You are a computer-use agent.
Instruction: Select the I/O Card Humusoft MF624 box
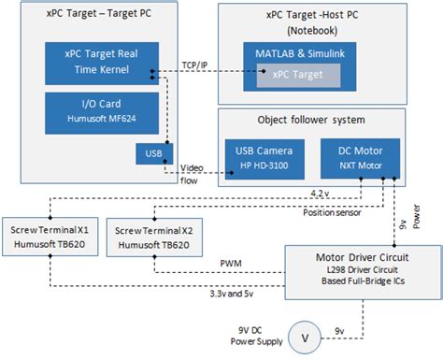[x=99, y=109]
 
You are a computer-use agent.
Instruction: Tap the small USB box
[x=150, y=152]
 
